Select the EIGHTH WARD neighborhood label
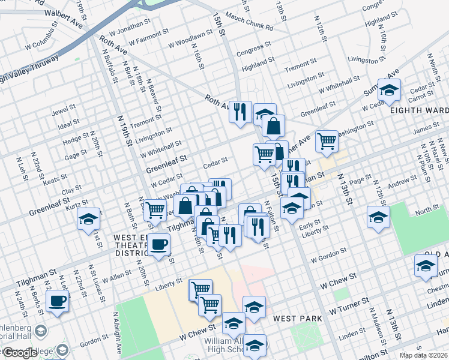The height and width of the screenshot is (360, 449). [x=418, y=110]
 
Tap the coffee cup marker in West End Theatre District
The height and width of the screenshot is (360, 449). [x=159, y=244]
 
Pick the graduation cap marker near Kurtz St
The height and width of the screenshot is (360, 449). [x=89, y=218]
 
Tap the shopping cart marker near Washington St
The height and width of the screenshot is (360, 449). [x=327, y=142]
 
